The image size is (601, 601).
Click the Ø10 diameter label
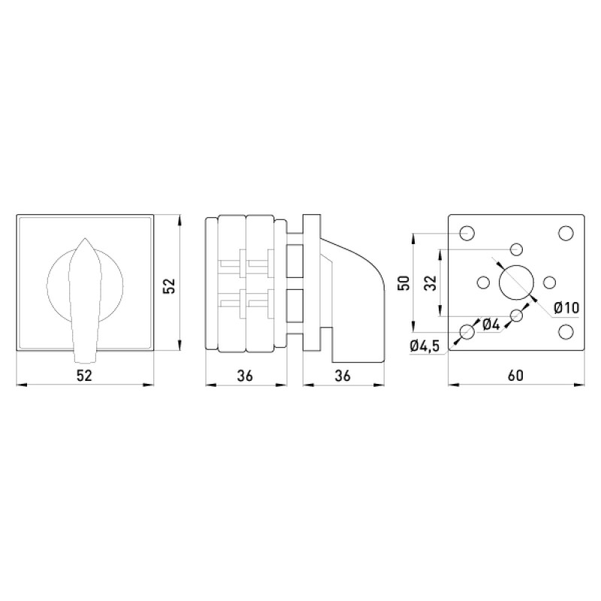(x=566, y=307)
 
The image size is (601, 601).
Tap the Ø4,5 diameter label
(x=424, y=346)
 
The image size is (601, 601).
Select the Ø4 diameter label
(x=491, y=325)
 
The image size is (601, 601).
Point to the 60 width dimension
(x=516, y=375)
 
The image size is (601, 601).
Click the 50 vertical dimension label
(x=404, y=283)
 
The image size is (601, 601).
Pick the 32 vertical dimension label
(x=430, y=283)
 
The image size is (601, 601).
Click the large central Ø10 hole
(x=516, y=282)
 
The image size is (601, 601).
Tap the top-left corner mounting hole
(x=467, y=233)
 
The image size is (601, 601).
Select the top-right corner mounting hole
(x=566, y=233)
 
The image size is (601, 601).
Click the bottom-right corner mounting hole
(x=566, y=331)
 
